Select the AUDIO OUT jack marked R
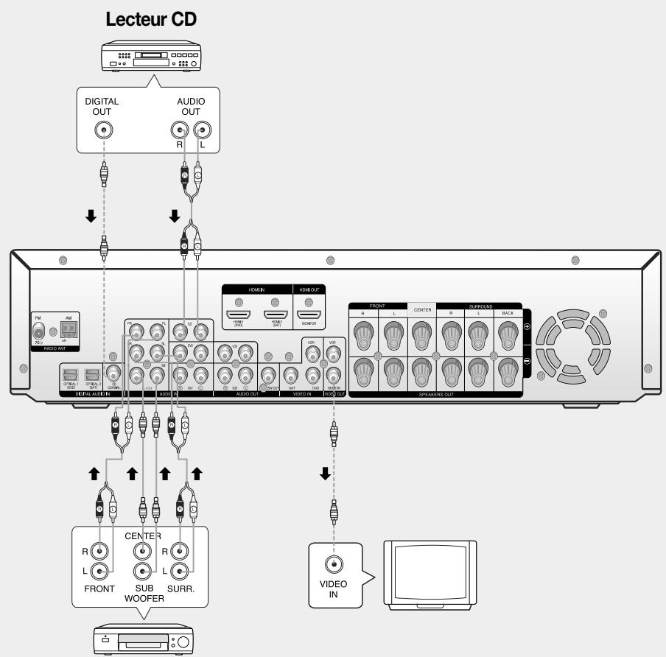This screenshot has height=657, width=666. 179,130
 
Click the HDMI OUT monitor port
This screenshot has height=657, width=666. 309,315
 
